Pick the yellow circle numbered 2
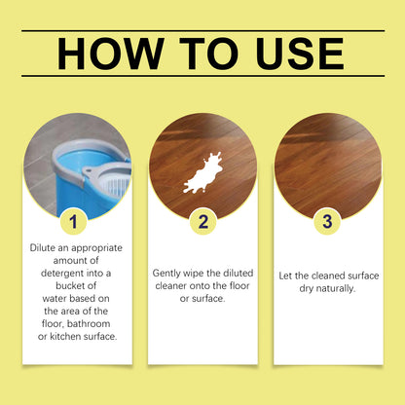[x=203, y=222]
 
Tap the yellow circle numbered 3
[x=327, y=222]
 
